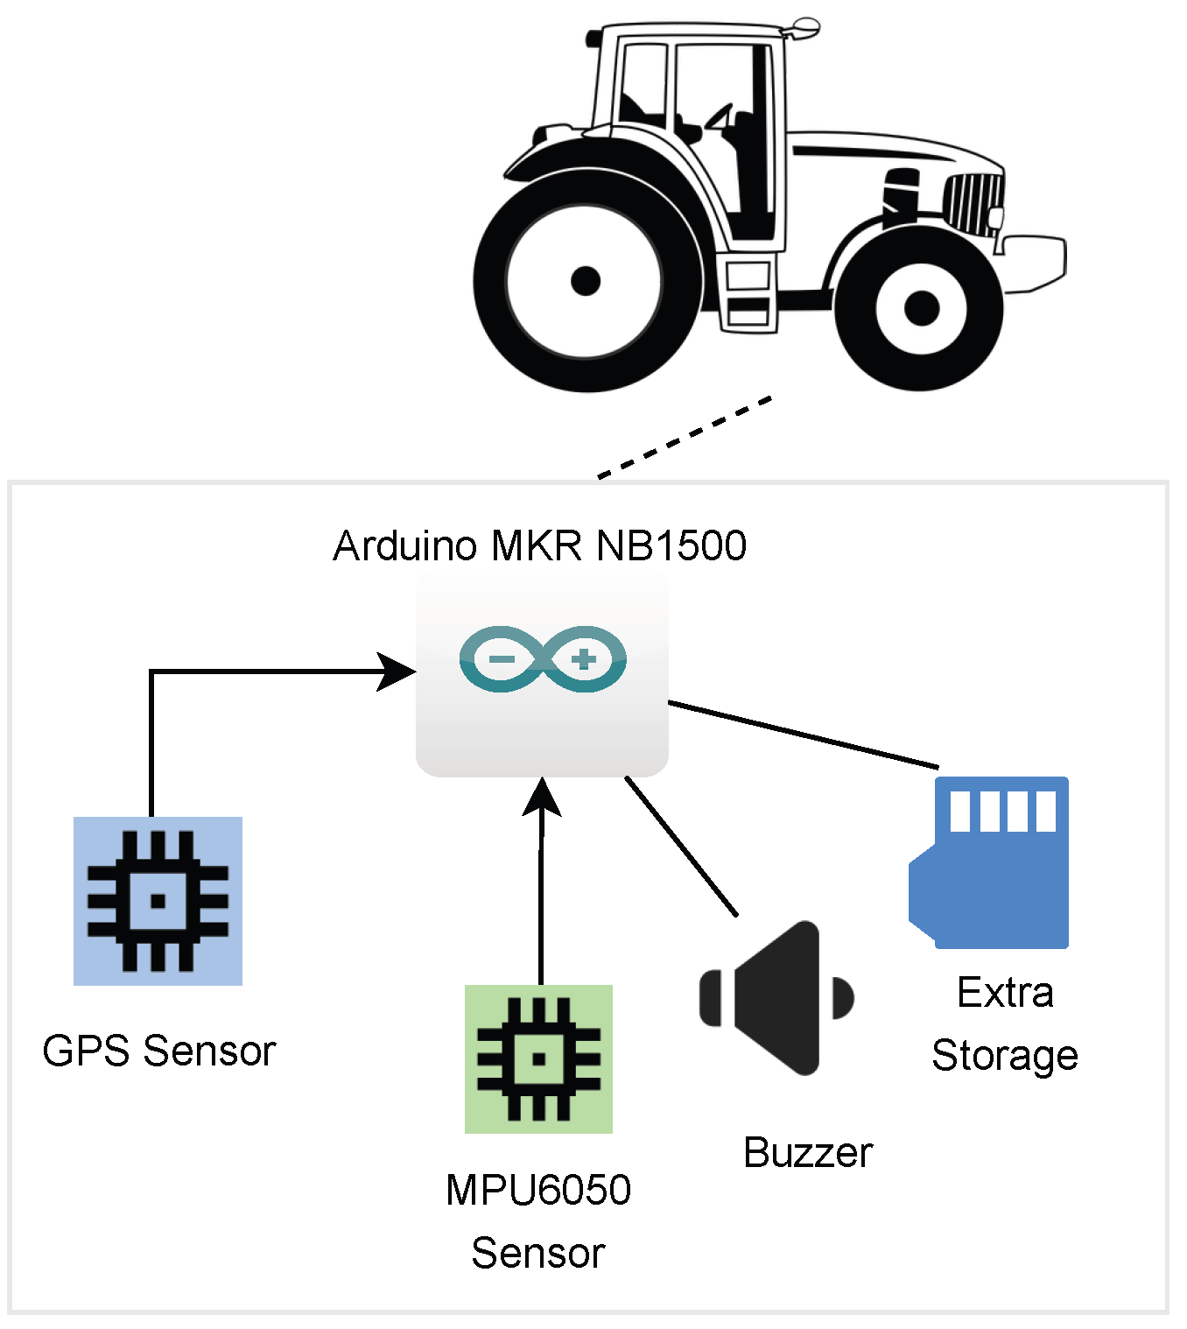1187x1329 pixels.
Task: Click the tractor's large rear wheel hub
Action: pos(585,281)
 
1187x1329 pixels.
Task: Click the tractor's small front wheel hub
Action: pos(921,307)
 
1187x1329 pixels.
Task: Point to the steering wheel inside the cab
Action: pos(719,117)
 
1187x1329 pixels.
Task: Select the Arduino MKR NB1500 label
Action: pos(539,545)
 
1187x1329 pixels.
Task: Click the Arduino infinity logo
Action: pos(542,659)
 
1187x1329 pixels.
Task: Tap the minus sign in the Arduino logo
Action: pos(502,658)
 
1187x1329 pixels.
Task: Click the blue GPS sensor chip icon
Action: pos(158,901)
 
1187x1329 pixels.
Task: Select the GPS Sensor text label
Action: pos(158,1051)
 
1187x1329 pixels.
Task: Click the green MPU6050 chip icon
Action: pos(538,1058)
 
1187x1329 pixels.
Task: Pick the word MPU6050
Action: pos(538,1190)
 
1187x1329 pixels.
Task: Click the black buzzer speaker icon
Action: pos(776,997)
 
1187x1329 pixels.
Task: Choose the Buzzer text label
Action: pos(807,1153)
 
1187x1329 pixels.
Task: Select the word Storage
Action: pos(1004,1055)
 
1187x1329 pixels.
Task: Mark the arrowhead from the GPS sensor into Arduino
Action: pos(397,672)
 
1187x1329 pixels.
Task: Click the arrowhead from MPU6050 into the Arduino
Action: pos(542,795)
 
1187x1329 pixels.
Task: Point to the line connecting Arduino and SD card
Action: pos(801,735)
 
